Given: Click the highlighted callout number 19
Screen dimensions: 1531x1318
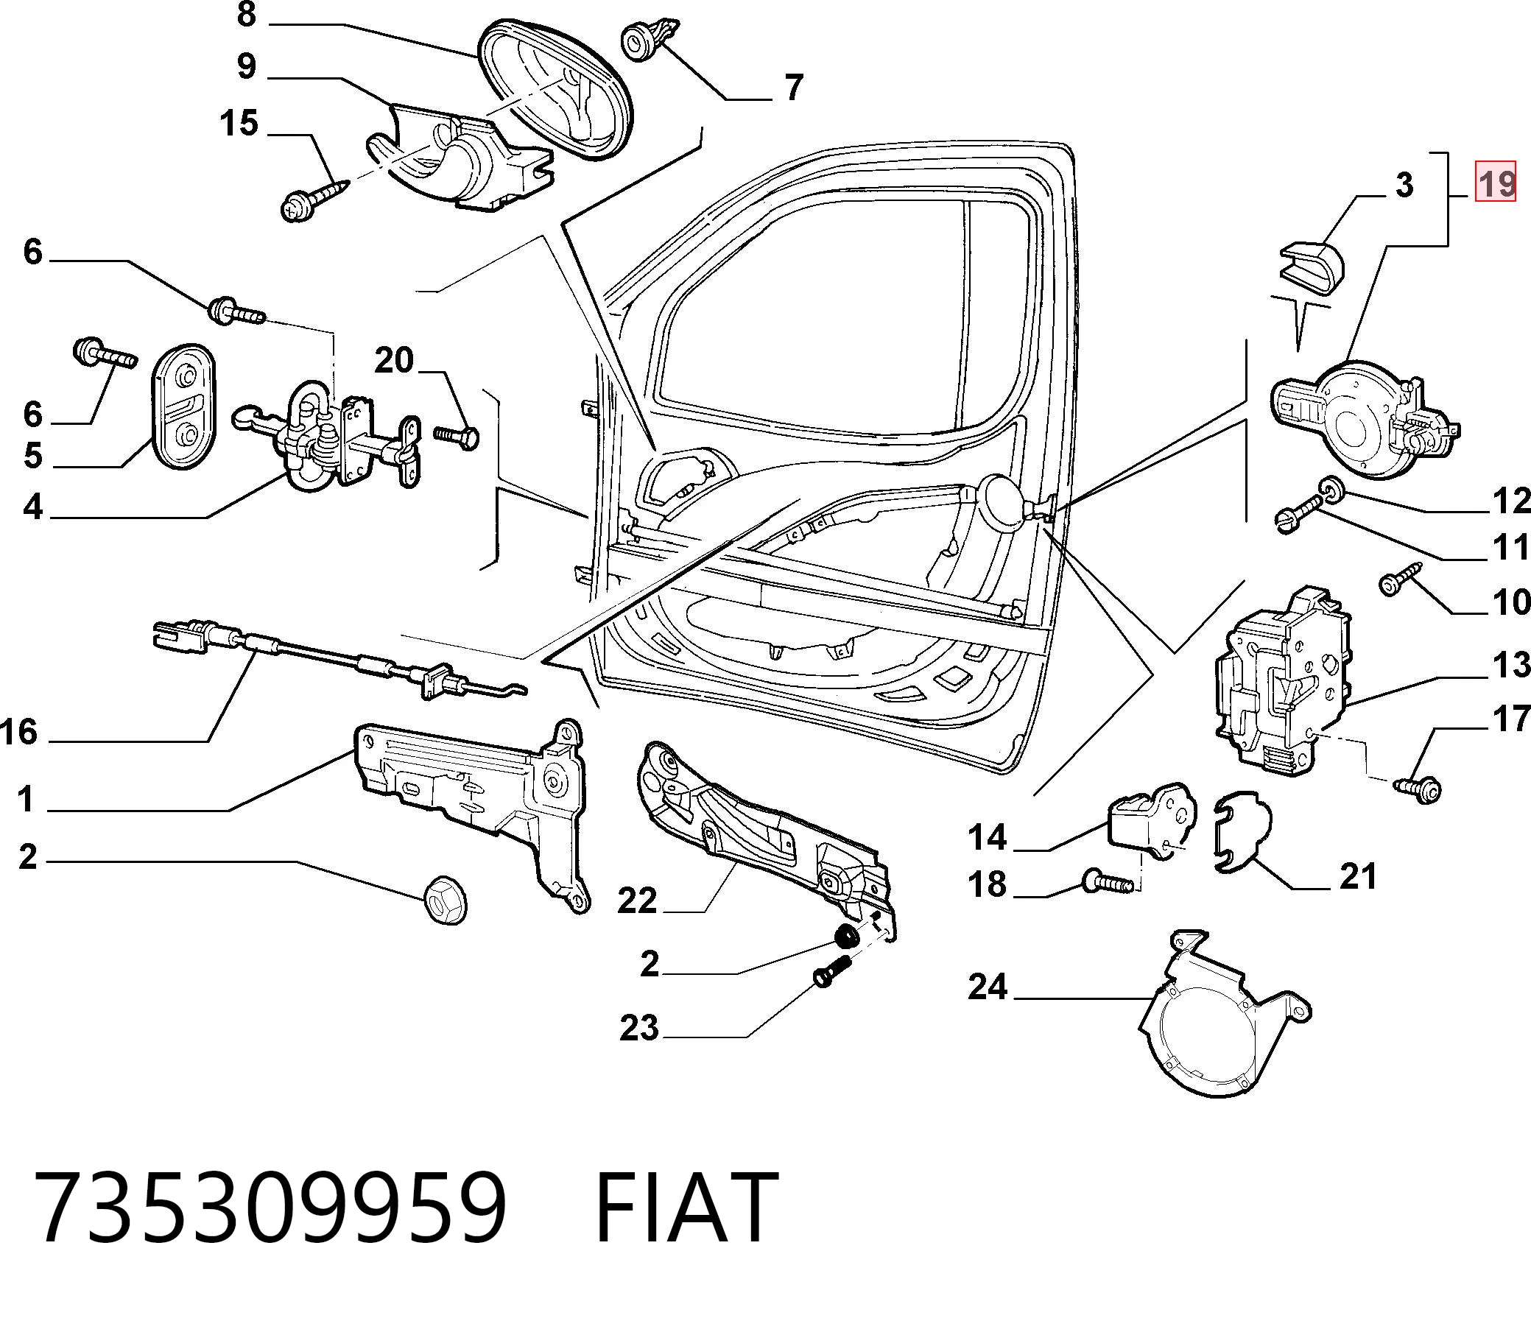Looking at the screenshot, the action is pyautogui.click(x=1496, y=182).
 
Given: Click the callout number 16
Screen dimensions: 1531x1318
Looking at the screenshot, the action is pyautogui.click(x=19, y=732).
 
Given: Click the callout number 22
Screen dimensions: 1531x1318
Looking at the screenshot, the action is pyautogui.click(x=637, y=901).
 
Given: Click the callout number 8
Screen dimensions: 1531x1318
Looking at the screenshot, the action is pyautogui.click(x=247, y=13).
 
